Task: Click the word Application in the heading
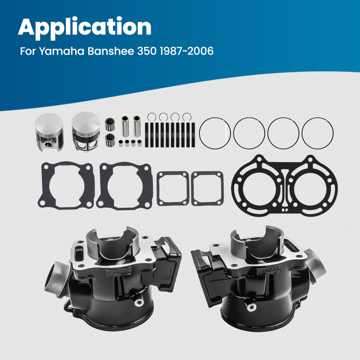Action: click(x=85, y=27)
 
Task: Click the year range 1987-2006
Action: click(x=188, y=51)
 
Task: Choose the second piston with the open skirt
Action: click(x=86, y=132)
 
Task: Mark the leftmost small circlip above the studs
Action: click(x=152, y=117)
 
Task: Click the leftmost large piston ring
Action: click(x=215, y=132)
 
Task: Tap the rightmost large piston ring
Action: click(x=318, y=132)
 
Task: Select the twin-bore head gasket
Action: click(x=285, y=186)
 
